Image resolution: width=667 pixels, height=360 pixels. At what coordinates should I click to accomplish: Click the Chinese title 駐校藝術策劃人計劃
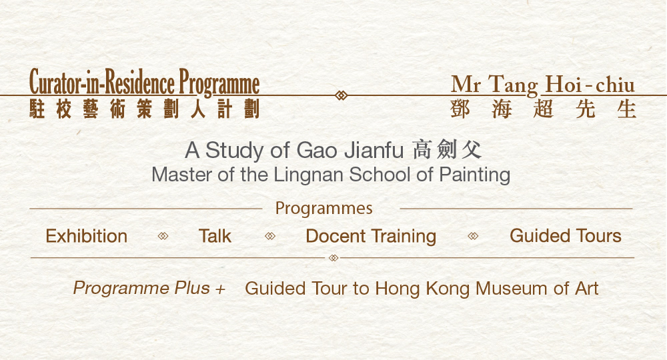coord(144,109)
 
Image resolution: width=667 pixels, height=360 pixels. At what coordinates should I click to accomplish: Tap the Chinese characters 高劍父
coord(447,150)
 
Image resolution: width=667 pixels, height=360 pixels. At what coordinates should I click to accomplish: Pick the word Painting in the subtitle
coord(474,175)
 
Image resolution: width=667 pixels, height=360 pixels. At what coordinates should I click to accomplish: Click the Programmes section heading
coord(323,209)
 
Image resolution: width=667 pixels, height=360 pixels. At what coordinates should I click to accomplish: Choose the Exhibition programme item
coord(86,236)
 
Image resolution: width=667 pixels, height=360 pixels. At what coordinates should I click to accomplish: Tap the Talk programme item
coord(215,236)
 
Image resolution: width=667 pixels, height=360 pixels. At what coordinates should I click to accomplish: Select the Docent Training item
coord(371,236)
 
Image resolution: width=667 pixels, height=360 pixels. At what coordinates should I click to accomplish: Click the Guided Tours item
coord(565,236)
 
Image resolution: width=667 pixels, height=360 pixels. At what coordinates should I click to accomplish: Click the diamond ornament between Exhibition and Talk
coord(163,236)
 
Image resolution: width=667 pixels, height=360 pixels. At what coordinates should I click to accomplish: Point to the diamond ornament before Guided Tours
coord(473,236)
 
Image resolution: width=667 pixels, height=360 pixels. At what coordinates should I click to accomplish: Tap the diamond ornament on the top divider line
coord(341,95)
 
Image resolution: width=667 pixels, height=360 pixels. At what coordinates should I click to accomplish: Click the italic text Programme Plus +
coord(149,288)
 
